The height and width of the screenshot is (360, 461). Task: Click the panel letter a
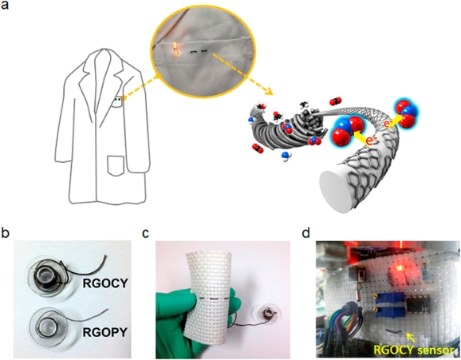(5, 5)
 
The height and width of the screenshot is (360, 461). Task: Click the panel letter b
(5, 233)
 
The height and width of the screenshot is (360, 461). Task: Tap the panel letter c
(146, 234)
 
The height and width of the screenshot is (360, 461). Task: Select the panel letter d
(306, 233)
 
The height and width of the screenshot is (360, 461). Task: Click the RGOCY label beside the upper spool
(105, 283)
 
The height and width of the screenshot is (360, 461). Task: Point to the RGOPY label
(105, 332)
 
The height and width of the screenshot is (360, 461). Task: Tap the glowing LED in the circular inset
(175, 48)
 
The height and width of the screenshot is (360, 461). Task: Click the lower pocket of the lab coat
(116, 166)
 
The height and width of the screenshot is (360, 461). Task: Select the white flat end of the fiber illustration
(333, 192)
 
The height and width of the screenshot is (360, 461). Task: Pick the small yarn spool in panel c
(268, 313)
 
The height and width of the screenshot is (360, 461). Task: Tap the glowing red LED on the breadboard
(399, 268)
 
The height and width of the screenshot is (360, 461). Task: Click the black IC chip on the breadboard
(417, 307)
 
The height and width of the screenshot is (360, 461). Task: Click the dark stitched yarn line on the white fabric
(214, 299)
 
